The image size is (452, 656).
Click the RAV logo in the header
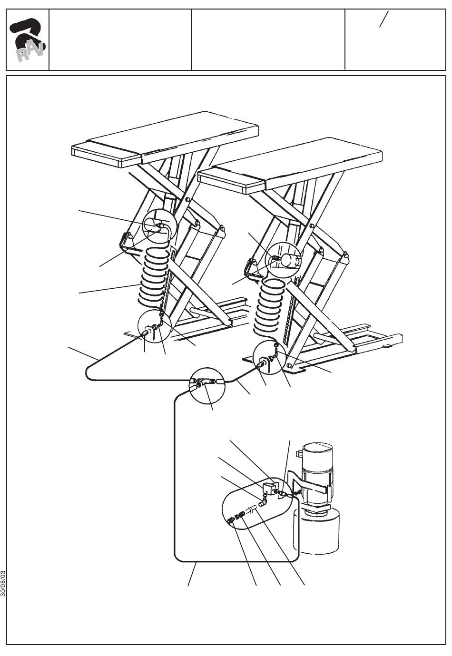pyautogui.click(x=28, y=40)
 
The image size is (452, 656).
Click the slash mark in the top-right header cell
pyautogui.click(x=383, y=19)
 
